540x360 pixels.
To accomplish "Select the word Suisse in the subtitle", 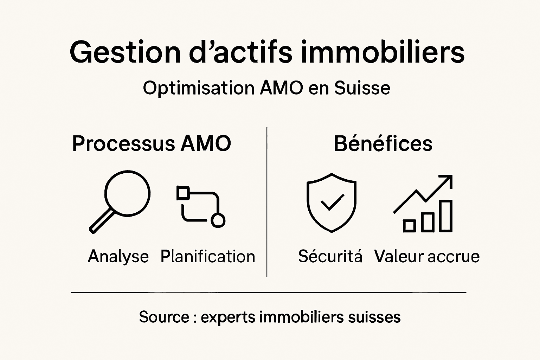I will click(362, 88).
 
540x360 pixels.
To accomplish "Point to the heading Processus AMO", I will click(152, 143).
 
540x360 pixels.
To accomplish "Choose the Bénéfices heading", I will click(383, 143).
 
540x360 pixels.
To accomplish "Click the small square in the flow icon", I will click(182, 193).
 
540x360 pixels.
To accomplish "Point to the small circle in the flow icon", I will click(218, 220).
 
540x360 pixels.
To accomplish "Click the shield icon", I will click(331, 202).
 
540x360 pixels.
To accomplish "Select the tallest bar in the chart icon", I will click(446, 216).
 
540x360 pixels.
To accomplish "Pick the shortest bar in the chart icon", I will click(409, 225).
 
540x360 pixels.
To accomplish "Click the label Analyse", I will click(118, 256).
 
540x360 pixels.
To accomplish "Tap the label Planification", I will click(207, 256).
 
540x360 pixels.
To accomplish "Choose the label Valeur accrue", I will click(427, 256).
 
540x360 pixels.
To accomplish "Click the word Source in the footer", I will click(164, 317).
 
